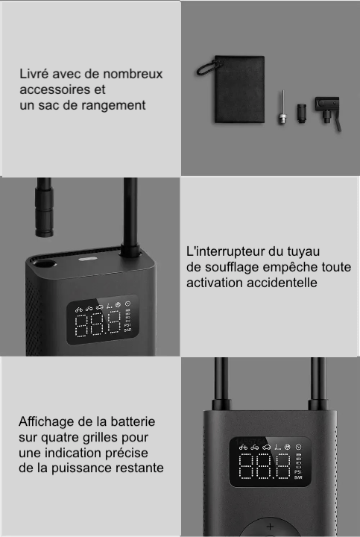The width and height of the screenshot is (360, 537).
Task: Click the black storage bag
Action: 239,89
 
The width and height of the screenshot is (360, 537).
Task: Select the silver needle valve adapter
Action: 282,107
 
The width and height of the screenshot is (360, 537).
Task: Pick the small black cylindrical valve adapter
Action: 301,113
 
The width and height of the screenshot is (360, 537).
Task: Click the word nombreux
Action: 133,74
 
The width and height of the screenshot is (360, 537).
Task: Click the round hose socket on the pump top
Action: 45,264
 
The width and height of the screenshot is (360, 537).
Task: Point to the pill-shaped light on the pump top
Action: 88,259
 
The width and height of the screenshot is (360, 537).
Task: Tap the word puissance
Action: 76,468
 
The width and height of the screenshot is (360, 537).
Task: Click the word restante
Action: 134,468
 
